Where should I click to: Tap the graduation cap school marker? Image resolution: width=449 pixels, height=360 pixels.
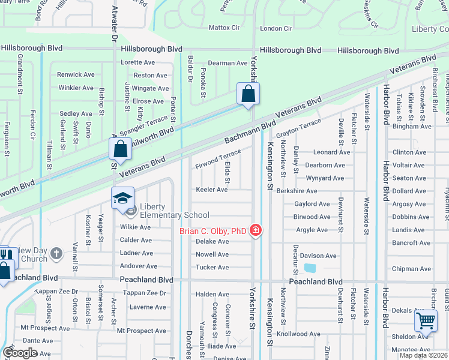(122, 199)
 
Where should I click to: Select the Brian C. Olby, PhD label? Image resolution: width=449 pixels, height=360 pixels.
(213, 231)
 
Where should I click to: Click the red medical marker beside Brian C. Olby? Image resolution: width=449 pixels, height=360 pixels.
(256, 230)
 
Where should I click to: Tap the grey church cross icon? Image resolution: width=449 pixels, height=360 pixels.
(56, 254)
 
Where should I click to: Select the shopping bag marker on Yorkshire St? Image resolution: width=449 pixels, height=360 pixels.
(248, 95)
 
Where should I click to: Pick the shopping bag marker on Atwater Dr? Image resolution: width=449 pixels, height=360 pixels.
(120, 149)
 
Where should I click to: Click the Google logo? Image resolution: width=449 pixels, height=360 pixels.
(20, 353)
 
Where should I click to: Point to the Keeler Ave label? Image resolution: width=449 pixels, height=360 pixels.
(212, 190)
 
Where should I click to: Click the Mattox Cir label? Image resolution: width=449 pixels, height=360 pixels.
(224, 28)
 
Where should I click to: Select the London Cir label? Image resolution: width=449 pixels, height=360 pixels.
(276, 28)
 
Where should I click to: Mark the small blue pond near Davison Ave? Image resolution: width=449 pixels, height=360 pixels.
(310, 268)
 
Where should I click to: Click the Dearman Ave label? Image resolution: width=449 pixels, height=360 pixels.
(228, 63)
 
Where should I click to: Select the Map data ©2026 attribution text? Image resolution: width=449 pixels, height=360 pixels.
(424, 355)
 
